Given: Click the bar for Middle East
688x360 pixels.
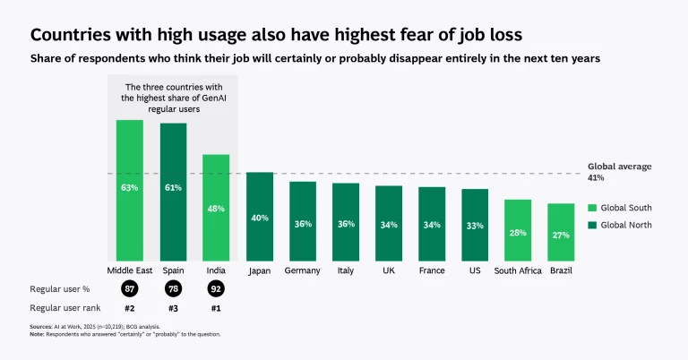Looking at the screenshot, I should (x=129, y=190).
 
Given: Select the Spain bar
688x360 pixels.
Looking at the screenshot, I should (x=173, y=192).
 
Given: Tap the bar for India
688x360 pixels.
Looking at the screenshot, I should (x=216, y=208).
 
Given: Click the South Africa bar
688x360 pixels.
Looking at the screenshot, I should (x=518, y=230).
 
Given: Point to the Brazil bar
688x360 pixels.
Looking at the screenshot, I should (x=561, y=232).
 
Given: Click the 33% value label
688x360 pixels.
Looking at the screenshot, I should (x=475, y=225).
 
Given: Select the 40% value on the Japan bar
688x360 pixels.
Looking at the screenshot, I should (x=260, y=218).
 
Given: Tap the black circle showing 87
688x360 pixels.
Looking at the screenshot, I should (x=129, y=288).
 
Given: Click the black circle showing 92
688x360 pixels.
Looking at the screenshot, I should (x=216, y=288).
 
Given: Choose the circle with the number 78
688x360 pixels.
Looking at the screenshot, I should (x=173, y=288).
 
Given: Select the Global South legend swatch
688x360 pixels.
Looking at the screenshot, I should (x=591, y=208).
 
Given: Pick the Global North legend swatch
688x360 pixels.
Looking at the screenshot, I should (x=591, y=225).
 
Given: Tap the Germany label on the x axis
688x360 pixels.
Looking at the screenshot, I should (x=303, y=270).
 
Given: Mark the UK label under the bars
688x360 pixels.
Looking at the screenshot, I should (x=389, y=270).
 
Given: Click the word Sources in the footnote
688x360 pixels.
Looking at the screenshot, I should (x=41, y=328).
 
